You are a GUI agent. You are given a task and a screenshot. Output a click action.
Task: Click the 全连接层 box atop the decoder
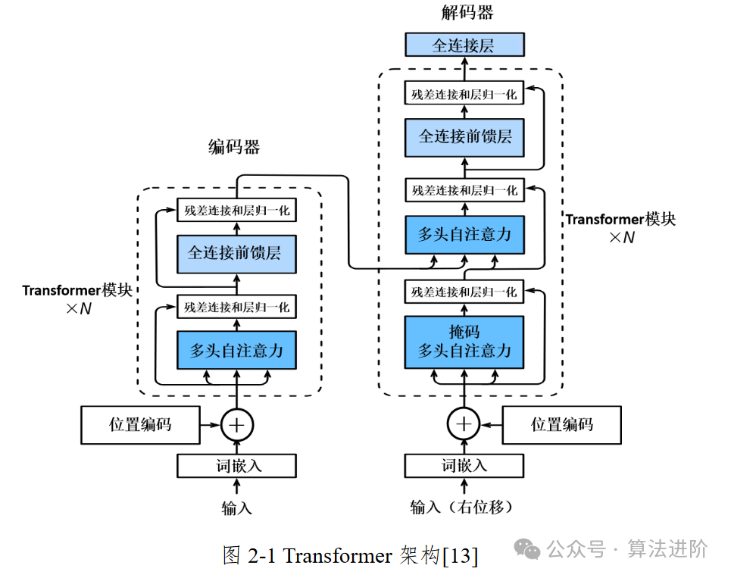pos(464,45)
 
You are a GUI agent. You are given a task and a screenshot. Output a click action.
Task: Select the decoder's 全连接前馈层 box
pos(464,136)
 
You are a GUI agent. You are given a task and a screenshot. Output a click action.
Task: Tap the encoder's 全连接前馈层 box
pos(236,252)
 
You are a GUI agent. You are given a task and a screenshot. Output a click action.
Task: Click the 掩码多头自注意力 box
pos(464,341)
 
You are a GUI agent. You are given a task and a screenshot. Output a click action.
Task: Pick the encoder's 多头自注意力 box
pos(236,350)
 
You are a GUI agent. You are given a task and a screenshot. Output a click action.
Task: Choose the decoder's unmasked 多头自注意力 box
pos(464,234)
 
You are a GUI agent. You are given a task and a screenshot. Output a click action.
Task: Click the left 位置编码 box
pos(140,424)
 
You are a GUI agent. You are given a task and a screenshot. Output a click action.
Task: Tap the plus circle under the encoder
pos(236,424)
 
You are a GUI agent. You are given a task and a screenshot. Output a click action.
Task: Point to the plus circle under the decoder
pos(464,424)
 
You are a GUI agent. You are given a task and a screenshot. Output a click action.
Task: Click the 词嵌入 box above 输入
pos(236,465)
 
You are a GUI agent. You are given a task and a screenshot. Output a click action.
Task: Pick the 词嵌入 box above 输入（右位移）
pos(464,465)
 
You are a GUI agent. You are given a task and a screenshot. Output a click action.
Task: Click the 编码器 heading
pos(234,148)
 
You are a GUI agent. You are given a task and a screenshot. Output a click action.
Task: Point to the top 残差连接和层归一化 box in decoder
pos(464,95)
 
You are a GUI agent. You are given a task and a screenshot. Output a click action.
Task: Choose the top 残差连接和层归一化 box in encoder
pos(236,210)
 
